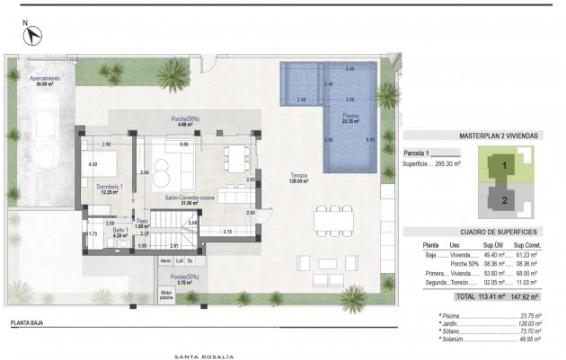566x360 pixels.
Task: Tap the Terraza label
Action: [298, 174]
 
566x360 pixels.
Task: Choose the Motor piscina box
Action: [165, 293]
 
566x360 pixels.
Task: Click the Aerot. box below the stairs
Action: [165, 261]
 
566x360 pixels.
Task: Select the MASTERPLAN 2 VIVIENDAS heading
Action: [498, 135]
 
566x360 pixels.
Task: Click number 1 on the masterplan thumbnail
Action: [505, 166]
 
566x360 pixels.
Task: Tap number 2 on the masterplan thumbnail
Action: [505, 199]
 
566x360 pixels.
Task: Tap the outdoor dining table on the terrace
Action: [332, 219]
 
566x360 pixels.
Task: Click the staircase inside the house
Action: [164, 226]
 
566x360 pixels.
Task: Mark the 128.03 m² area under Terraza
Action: [298, 181]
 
